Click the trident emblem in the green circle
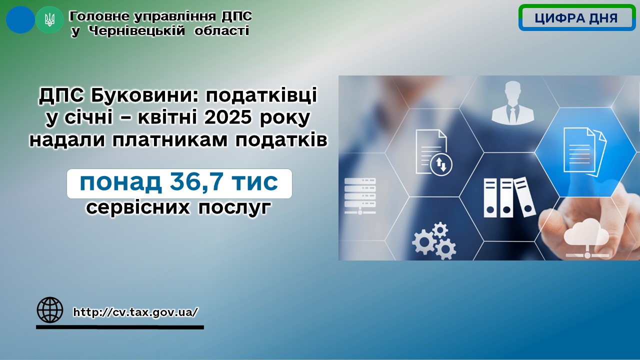pyautogui.click(x=49, y=20)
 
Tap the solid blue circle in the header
pyautogui.click(x=20, y=19)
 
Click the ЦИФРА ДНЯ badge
pyautogui.click(x=577, y=17)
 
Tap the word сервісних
pyautogui.click(x=138, y=207)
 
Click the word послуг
pyautogui.click(x=234, y=207)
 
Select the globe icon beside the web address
pyautogui.click(x=50, y=310)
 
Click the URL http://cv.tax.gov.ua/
pyautogui.click(x=135, y=312)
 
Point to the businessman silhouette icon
pyautogui.click(x=513, y=102)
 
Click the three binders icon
pyautogui.click(x=509, y=197)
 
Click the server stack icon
pyautogui.click(x=360, y=196)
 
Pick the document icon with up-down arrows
pyautogui.click(x=433, y=152)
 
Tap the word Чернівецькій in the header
pyautogui.click(x=136, y=30)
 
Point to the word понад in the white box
pyautogui.click(x=121, y=182)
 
